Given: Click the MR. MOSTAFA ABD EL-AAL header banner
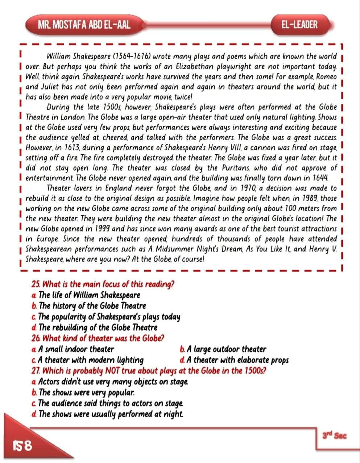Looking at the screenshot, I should tap(84, 25).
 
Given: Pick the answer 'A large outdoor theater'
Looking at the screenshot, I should tap(223, 349).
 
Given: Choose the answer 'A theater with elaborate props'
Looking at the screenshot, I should tap(234, 360).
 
